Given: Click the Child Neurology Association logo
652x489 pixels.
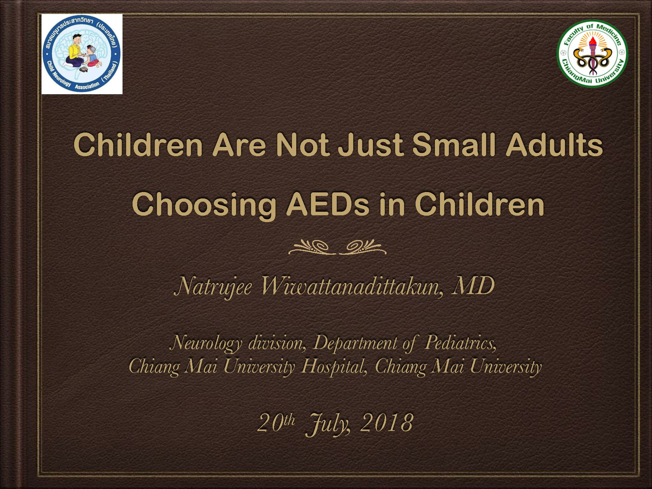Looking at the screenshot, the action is (82, 54).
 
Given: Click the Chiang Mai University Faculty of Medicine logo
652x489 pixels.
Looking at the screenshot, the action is (592, 53).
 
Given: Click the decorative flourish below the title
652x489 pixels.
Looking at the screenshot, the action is (337, 247).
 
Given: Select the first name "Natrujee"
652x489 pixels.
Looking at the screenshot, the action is (213, 287).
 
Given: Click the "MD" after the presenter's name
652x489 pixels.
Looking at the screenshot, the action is (473, 286).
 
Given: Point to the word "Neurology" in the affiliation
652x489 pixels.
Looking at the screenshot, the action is (206, 343).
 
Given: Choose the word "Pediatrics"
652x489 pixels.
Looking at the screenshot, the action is (460, 342).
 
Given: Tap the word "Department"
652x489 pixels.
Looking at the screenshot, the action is (355, 343).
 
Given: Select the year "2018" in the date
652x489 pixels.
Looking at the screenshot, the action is (387, 423).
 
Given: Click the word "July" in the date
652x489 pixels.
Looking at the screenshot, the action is (328, 424).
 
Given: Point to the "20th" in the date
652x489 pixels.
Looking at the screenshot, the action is (276, 423).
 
